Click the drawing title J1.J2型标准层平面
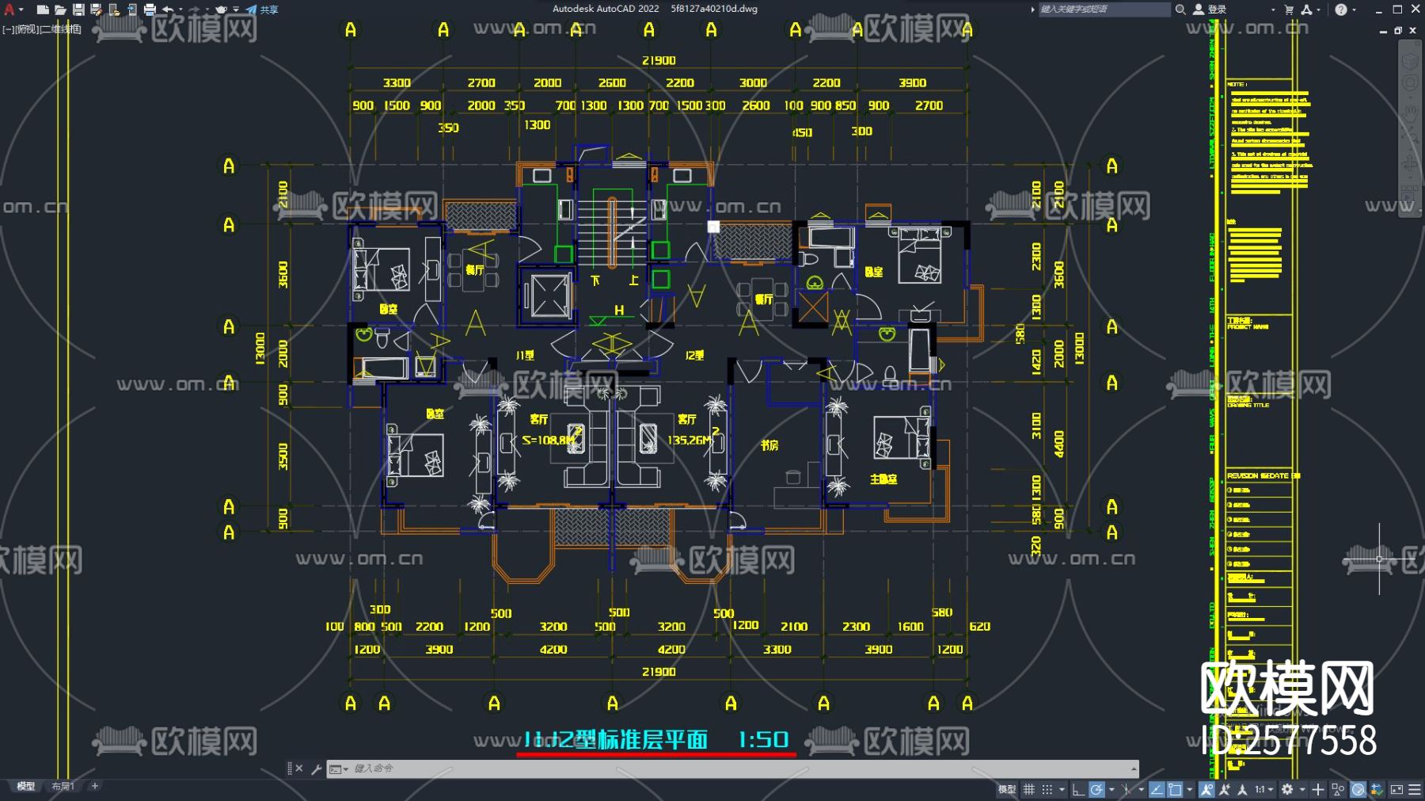coord(616,740)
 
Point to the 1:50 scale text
coord(763,740)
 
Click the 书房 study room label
coord(769,445)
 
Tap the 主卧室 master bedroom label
coord(883,479)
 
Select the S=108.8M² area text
coord(549,440)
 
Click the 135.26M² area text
coord(690,440)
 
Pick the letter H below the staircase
coord(619,311)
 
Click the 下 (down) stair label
coord(595,280)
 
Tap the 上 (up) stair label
coord(633,280)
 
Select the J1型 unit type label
coord(525,356)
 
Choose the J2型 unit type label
coord(694,356)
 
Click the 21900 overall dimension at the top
coord(659,60)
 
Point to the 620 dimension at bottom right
coord(979,627)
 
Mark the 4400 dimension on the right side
coord(1059,444)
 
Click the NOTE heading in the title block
coord(1237,84)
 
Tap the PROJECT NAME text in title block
coord(1248,326)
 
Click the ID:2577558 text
coord(1289,741)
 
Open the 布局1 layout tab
coord(63,787)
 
